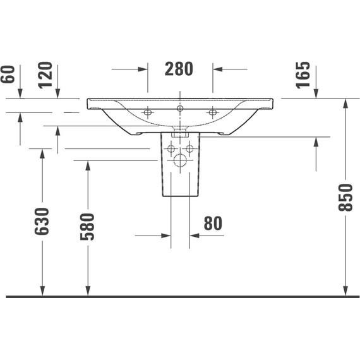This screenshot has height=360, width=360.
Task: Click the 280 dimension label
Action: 179,69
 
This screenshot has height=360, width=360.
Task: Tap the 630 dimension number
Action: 42,221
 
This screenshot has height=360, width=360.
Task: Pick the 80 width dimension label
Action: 213,223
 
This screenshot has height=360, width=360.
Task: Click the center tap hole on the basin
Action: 180,109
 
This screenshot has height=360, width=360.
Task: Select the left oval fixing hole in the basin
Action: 148,112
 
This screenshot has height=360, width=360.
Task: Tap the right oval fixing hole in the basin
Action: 213,112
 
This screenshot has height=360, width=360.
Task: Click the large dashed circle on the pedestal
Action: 180,160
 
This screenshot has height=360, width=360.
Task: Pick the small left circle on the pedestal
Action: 170,149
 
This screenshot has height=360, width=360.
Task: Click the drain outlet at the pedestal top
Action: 180,133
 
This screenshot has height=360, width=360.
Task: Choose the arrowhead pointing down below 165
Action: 316,94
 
